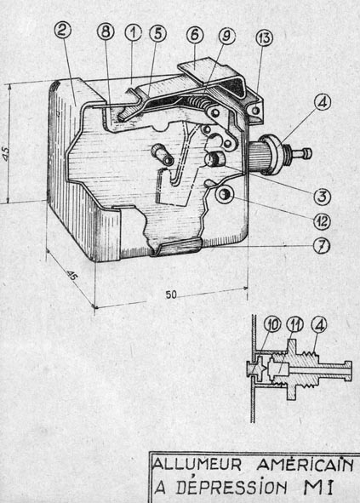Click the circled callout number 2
[x=63, y=31]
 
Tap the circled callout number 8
[x=106, y=31]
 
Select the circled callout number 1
[x=133, y=33]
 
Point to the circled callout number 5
[x=157, y=34]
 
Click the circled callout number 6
[x=195, y=35]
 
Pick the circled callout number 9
[x=226, y=37]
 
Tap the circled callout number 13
[x=264, y=38]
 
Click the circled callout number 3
[x=322, y=197]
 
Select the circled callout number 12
[x=322, y=221]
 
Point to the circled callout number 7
[x=322, y=245]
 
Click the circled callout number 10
[x=272, y=325]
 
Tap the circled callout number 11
[x=295, y=325]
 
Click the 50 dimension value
[x=171, y=294]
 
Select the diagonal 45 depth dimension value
[x=71, y=275]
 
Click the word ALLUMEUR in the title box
[x=197, y=465]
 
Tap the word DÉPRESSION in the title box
[x=231, y=488]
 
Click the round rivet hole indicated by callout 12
[x=223, y=195]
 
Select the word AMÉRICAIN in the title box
[x=305, y=465]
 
